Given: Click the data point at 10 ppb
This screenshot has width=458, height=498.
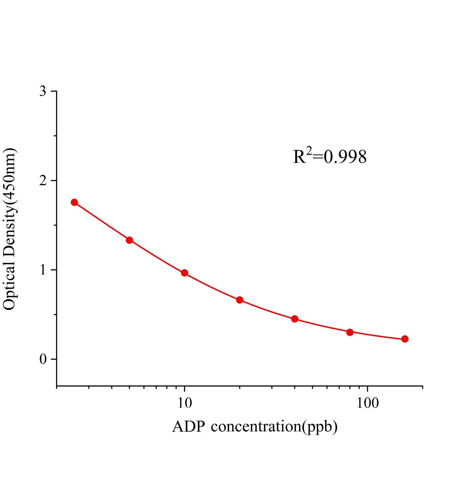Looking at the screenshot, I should (185, 273).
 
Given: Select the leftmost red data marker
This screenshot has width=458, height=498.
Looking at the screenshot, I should (74, 202).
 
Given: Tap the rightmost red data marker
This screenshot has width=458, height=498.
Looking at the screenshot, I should (405, 339).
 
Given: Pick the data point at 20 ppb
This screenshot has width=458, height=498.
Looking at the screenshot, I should (240, 300).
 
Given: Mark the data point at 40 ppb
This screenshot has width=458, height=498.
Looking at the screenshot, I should (295, 319).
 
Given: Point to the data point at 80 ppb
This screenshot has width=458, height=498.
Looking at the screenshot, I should (350, 332).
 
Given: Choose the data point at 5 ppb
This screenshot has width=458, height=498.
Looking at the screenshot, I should (129, 240).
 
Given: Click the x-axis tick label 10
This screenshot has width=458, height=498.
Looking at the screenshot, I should (185, 403).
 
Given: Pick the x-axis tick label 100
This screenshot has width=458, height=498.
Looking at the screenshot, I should (367, 403).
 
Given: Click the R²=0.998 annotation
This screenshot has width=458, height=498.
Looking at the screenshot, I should (330, 157).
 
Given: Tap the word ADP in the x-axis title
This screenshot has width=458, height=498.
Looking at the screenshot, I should (189, 427).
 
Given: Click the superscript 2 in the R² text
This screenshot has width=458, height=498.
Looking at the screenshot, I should (309, 151).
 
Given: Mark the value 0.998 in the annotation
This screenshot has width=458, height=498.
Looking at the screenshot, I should (345, 157).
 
